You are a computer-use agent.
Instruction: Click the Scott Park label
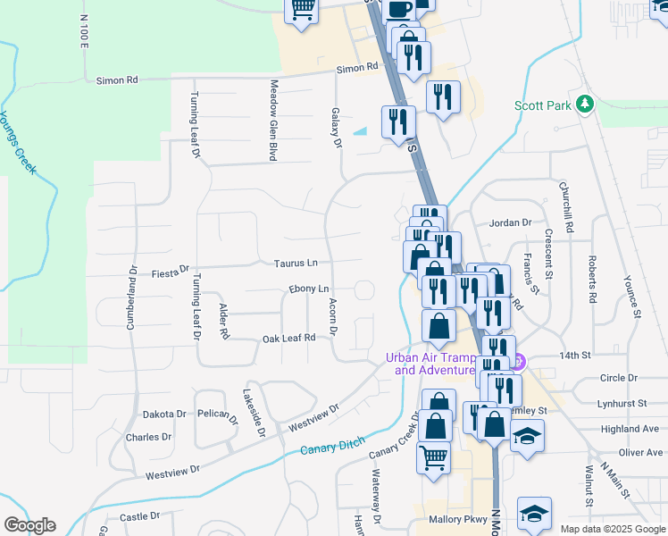[542, 105]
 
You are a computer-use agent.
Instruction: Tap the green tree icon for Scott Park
[585, 105]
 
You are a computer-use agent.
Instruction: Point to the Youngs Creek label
[17, 142]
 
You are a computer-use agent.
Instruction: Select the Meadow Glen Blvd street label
[272, 121]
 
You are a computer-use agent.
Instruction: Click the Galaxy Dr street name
[337, 128]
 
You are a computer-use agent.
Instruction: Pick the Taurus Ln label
[296, 263]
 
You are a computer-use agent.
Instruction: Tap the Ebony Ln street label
[309, 289]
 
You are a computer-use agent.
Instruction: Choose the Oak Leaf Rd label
[289, 338]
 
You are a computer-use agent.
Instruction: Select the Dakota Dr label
[164, 415]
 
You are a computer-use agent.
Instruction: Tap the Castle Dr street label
[139, 516]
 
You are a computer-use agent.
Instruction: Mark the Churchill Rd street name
[564, 205]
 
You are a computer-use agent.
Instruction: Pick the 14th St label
[576, 355]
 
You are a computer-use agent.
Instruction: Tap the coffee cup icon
[400, 8]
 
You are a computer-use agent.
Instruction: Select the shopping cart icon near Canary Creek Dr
[433, 457]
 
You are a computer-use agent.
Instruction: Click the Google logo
[29, 525]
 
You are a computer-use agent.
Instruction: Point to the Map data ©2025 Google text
[612, 529]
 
